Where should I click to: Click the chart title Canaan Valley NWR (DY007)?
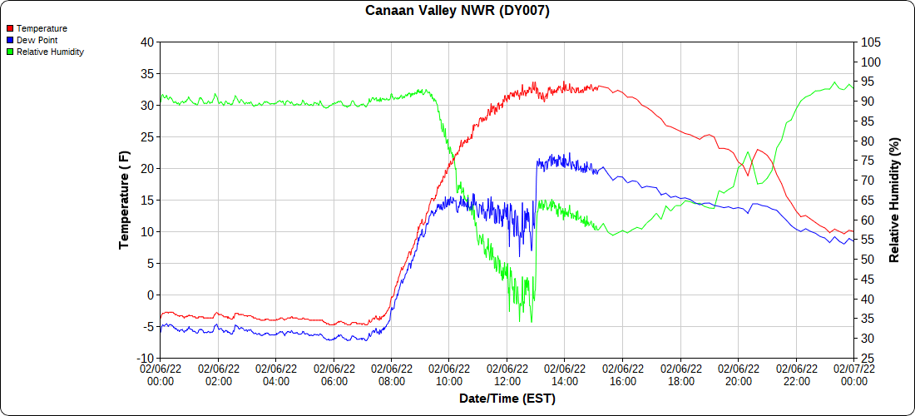pos(457,11)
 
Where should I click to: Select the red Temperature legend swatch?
pos(10,29)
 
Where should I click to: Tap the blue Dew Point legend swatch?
pos(10,40)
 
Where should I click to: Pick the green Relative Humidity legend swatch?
pos(10,52)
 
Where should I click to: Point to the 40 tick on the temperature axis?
pos(147,42)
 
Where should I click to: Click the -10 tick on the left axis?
pos(146,358)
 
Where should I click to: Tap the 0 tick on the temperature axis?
pos(151,295)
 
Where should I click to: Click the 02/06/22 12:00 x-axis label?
pos(507,374)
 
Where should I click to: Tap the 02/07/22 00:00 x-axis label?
pos(853,374)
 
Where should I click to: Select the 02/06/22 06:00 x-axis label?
pos(334,374)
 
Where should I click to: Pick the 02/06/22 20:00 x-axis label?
pos(738,374)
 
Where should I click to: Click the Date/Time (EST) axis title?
pos(507,399)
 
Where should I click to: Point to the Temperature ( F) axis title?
pos(124,200)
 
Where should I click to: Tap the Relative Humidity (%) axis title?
pos(895,200)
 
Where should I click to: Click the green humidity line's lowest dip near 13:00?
pos(520,321)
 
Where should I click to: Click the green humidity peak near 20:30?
pos(749,152)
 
